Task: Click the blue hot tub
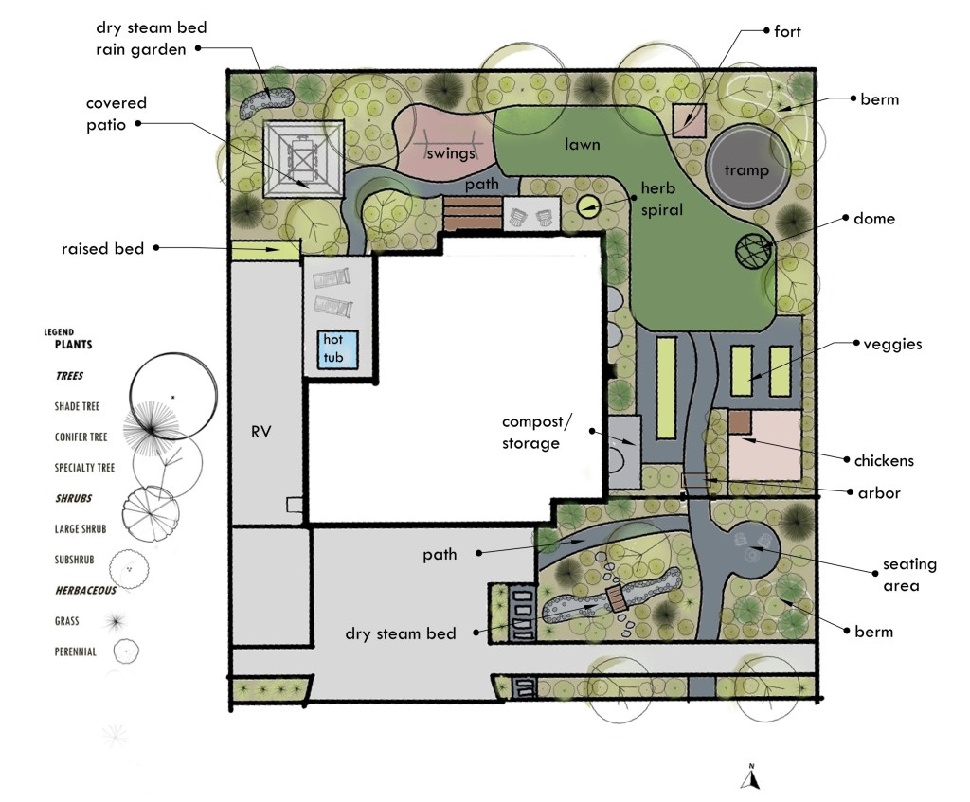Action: click(x=338, y=349)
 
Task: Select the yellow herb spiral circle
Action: click(x=588, y=205)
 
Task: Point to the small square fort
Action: click(x=690, y=121)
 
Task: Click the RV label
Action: click(x=261, y=432)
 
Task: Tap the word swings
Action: click(x=450, y=153)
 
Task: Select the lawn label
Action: click(x=583, y=145)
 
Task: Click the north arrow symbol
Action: click(x=751, y=778)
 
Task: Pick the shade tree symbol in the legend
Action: click(x=173, y=397)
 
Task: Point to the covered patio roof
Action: click(x=303, y=159)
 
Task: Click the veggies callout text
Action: click(x=892, y=345)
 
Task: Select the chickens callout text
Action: click(x=884, y=461)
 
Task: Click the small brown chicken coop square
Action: click(x=739, y=422)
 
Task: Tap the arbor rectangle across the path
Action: click(x=696, y=480)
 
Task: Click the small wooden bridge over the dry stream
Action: click(x=616, y=597)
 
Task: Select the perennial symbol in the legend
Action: click(x=126, y=651)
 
